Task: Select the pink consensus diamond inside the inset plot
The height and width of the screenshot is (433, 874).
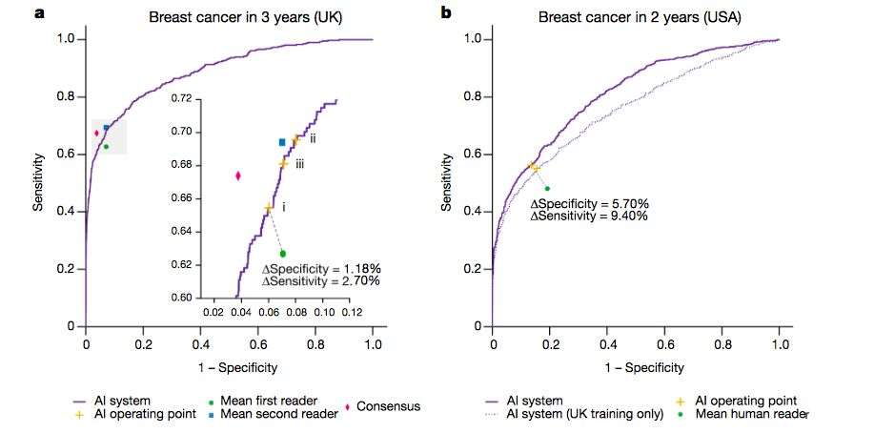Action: (x=238, y=175)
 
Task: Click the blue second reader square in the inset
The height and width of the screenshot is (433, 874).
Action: (x=282, y=142)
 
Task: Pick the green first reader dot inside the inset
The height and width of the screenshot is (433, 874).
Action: (x=283, y=254)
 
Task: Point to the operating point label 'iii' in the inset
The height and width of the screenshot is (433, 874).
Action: (x=299, y=165)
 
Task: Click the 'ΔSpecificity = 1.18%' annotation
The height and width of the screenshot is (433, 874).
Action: (x=321, y=268)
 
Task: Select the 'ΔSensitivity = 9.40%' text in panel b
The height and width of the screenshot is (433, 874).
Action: (x=589, y=216)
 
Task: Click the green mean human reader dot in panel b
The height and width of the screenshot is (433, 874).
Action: (x=547, y=189)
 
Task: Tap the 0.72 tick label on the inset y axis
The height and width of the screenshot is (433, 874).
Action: (x=181, y=98)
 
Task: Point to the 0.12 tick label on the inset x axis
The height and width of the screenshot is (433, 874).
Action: (x=351, y=312)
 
